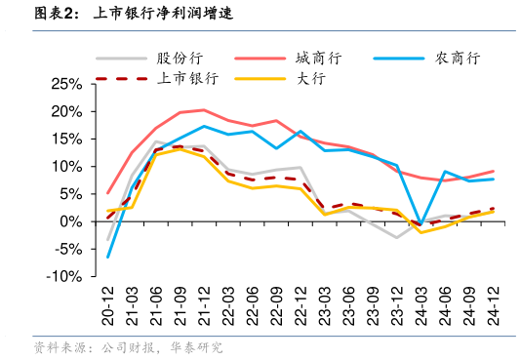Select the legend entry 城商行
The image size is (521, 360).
[318, 58]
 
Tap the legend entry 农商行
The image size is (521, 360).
[458, 58]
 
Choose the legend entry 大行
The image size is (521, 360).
[311, 77]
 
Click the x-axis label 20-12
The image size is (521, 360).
[108, 304]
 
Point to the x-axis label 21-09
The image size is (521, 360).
[180, 304]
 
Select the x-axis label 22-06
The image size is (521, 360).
[253, 304]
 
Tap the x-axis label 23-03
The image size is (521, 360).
[325, 304]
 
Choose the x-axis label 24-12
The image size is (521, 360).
[493, 304]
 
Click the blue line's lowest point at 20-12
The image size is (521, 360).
[108, 258]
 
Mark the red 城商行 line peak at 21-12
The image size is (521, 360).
[204, 110]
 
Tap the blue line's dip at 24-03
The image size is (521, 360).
[421, 224]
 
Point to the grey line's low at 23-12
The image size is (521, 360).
[397, 237]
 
